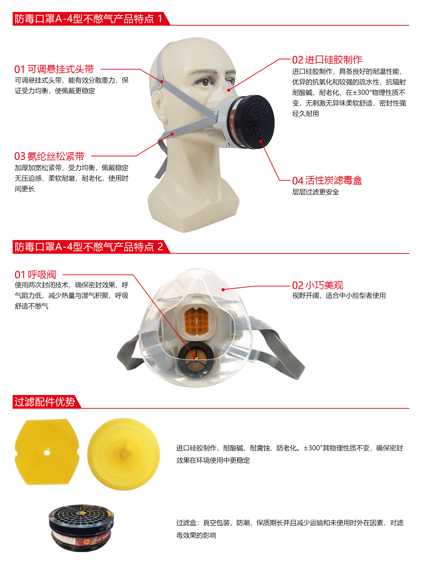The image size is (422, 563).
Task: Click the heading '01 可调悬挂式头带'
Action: click(54, 69)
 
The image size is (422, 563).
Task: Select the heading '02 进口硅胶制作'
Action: click(327, 60)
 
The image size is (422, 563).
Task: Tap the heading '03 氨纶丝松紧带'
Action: click(49, 156)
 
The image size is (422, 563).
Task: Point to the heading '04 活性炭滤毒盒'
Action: click(327, 181)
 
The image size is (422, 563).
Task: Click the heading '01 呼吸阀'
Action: click(35, 274)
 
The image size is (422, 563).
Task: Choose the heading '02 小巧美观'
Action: click(318, 285)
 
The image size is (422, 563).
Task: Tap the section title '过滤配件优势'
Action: click(45, 402)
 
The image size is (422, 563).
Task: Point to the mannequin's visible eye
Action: click(207, 82)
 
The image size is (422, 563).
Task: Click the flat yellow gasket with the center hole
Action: click(47, 452)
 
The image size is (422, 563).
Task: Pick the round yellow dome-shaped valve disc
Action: click(123, 454)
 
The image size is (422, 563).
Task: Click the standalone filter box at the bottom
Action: click(81, 528)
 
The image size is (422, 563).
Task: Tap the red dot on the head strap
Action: click(162, 82)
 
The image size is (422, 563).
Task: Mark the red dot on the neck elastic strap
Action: click(172, 134)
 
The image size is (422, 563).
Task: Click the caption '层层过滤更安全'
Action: click(315, 192)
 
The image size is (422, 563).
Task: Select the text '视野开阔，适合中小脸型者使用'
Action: click(339, 296)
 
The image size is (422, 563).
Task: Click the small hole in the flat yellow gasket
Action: click(47, 453)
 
